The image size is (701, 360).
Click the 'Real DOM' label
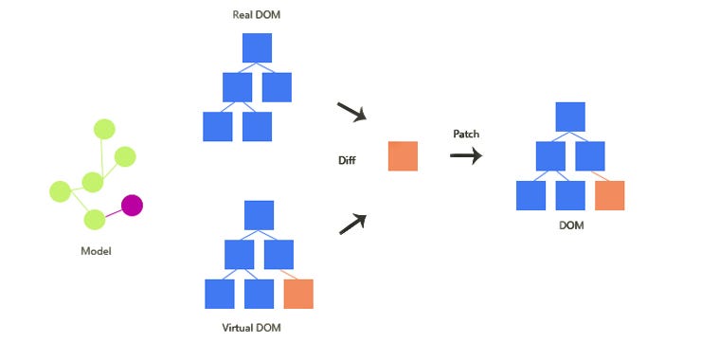(x=257, y=15)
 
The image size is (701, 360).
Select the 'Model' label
(x=96, y=252)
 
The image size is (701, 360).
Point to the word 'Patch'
(x=465, y=134)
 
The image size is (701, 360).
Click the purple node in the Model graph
(x=132, y=205)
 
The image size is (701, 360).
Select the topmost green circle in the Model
(x=104, y=129)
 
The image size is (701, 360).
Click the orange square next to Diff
(x=403, y=156)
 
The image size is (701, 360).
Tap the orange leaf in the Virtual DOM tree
(x=298, y=294)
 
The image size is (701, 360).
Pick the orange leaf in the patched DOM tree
(x=610, y=195)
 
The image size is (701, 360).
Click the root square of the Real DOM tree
(x=257, y=47)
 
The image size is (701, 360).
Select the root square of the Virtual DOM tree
(x=259, y=214)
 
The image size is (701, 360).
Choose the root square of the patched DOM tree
(x=570, y=116)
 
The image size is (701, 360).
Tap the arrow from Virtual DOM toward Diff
(x=351, y=224)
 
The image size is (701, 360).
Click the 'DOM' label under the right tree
(x=570, y=225)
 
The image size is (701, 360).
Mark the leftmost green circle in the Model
(x=61, y=191)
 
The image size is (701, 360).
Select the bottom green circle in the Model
(x=94, y=221)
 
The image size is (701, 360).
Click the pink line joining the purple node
(x=113, y=212)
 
